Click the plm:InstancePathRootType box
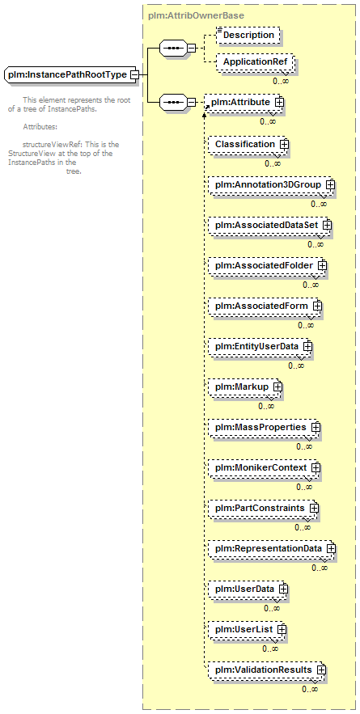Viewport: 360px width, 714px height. [71, 74]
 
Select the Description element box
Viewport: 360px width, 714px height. [248, 35]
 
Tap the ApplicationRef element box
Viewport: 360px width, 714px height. [255, 62]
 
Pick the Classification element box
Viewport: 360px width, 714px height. [249, 144]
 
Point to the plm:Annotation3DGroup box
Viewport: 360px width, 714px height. [272, 184]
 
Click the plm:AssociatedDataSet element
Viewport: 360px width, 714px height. [269, 225]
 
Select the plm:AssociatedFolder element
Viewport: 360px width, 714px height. [268, 265]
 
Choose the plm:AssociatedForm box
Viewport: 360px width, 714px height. [265, 306]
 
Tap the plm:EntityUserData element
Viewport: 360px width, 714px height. [260, 346]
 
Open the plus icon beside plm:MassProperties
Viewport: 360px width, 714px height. [316, 427]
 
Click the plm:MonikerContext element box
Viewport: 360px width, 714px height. [265, 467]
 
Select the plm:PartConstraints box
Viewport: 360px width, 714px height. [264, 508]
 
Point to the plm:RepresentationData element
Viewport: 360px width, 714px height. [272, 548]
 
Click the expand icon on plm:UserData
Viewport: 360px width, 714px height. [283, 589]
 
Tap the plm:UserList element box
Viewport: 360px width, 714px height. [248, 629]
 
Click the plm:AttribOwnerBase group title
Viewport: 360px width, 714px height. [197, 15]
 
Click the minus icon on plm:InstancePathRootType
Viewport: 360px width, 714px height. [134, 74]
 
